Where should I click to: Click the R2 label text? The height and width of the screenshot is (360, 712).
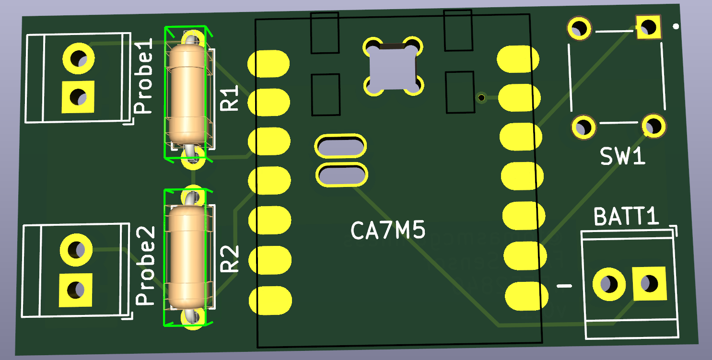click(230, 259)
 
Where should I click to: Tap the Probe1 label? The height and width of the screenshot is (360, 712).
click(143, 77)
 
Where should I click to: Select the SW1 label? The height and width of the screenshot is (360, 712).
click(623, 157)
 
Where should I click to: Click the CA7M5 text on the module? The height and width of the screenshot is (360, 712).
click(388, 231)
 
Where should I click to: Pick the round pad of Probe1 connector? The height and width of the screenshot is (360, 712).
click(78, 59)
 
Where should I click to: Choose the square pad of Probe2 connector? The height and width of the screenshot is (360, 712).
click(75, 290)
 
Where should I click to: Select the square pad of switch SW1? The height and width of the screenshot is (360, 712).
click(648, 27)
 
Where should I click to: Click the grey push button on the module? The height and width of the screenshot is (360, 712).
click(392, 67)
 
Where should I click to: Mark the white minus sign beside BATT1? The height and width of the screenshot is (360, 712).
click(565, 286)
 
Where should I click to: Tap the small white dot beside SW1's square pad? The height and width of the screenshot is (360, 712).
click(676, 27)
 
